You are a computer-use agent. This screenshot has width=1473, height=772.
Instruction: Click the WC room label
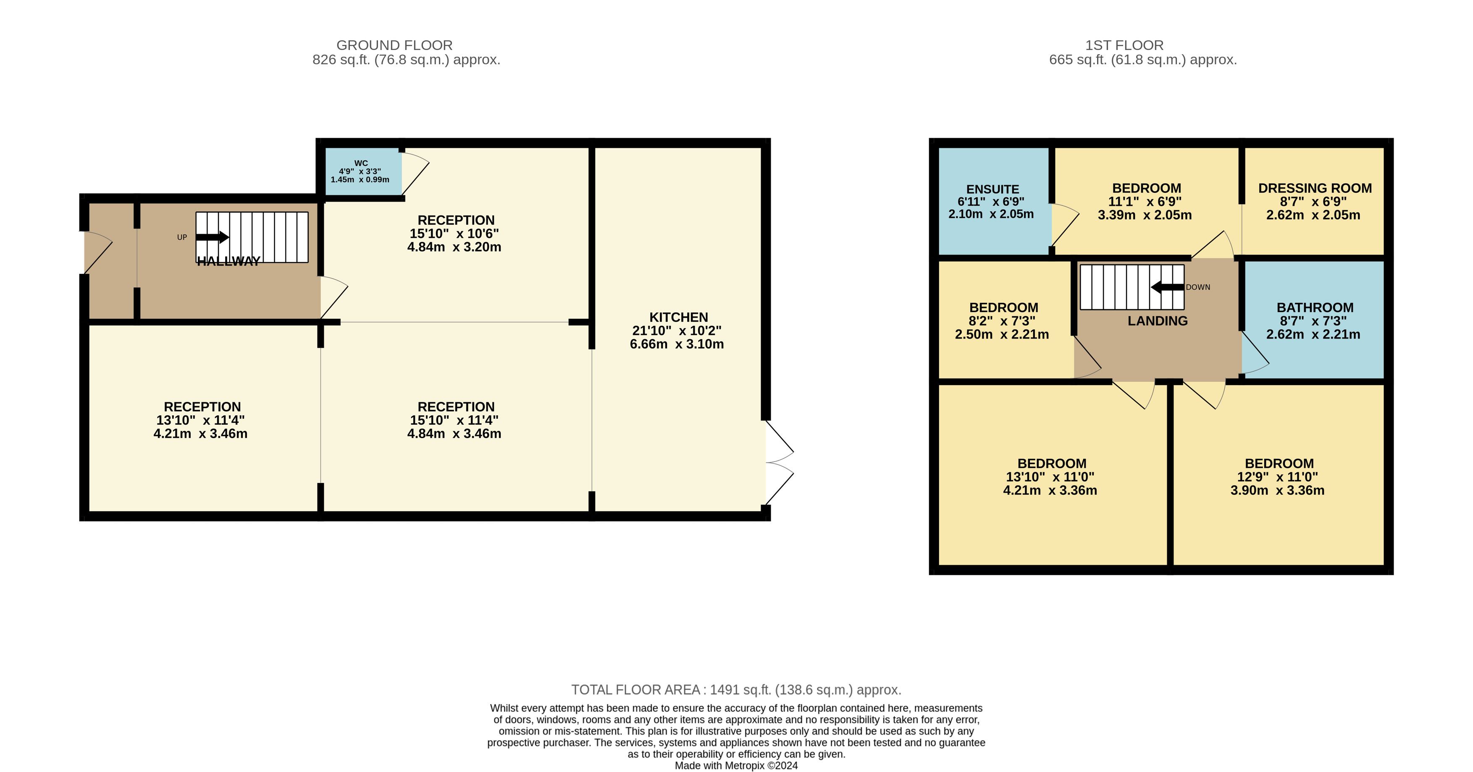[x=361, y=163]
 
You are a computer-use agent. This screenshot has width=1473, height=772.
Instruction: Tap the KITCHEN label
[x=679, y=318]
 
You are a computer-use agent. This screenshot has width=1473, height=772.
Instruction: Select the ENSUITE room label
[x=993, y=189]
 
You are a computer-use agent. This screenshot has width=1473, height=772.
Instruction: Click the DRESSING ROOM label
[x=1315, y=188]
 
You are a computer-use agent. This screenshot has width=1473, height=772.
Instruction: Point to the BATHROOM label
[x=1315, y=307]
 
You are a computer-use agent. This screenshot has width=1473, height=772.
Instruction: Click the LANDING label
[x=1158, y=321]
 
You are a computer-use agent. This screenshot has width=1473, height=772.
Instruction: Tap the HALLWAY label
[x=229, y=261]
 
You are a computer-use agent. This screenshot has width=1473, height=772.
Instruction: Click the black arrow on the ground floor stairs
[x=213, y=237]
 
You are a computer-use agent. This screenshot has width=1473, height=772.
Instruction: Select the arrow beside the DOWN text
[x=1167, y=287]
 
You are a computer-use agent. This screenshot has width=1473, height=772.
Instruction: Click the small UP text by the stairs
[x=182, y=237]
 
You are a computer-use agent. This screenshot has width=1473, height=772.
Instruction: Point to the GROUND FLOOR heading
[x=394, y=45]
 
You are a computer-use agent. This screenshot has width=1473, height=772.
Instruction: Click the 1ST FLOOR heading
[x=1124, y=45]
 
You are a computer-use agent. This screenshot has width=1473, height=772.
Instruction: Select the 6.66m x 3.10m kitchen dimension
[x=677, y=344]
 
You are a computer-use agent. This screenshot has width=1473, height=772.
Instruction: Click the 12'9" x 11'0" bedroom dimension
[x=1277, y=477]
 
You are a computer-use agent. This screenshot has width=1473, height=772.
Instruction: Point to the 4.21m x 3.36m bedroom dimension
[x=1050, y=491]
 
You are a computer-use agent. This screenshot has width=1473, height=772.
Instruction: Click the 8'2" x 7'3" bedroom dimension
[x=1002, y=321]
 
